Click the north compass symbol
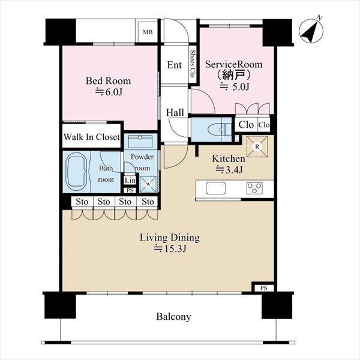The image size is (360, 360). pyautogui.click(x=311, y=31)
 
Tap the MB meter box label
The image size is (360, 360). pyautogui.click(x=148, y=32)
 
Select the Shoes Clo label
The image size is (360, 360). pyautogui.click(x=193, y=64)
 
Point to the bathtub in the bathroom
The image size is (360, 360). pyautogui.click(x=76, y=172)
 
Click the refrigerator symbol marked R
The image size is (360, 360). pyautogui.click(x=257, y=146)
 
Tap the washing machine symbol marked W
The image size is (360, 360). pyautogui.click(x=148, y=184)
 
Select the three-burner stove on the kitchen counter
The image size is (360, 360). pyautogui.click(x=254, y=188)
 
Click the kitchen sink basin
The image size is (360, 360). pyautogui.click(x=216, y=188)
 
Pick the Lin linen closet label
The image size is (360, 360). pyautogui.click(x=130, y=181)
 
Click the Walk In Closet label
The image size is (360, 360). pyautogui.click(x=92, y=137)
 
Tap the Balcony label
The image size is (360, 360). pyautogui.click(x=173, y=317)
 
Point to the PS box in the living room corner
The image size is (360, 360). pyautogui.click(x=264, y=288)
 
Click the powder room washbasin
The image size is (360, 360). pyautogui.click(x=140, y=142)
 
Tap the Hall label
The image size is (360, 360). pyautogui.click(x=175, y=113)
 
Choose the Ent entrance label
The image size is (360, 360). pyautogui.click(x=174, y=65)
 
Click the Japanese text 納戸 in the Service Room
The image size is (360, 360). pyautogui.click(x=233, y=75)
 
